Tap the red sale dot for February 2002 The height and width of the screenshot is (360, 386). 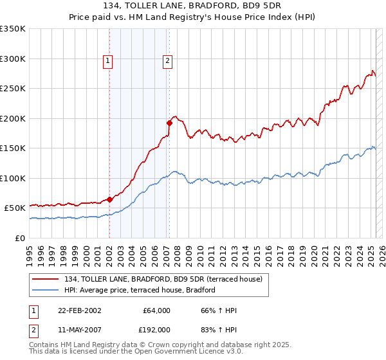(x=109, y=199)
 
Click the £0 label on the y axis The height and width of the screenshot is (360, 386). (x=20, y=238)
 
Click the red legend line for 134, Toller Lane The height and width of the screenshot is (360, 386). (x=46, y=279)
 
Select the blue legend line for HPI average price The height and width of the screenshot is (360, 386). (x=46, y=290)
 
